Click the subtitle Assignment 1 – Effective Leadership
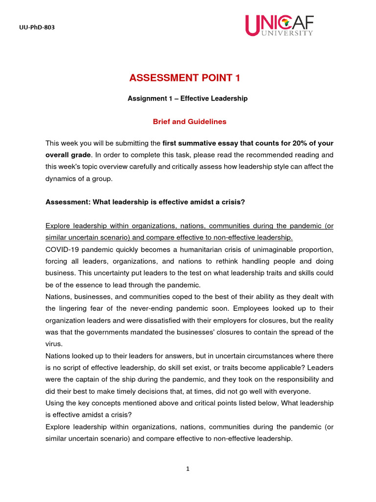pyautogui.click(x=188, y=99)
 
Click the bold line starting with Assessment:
pyautogui.click(x=145, y=201)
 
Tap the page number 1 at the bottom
pyautogui.click(x=188, y=469)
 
